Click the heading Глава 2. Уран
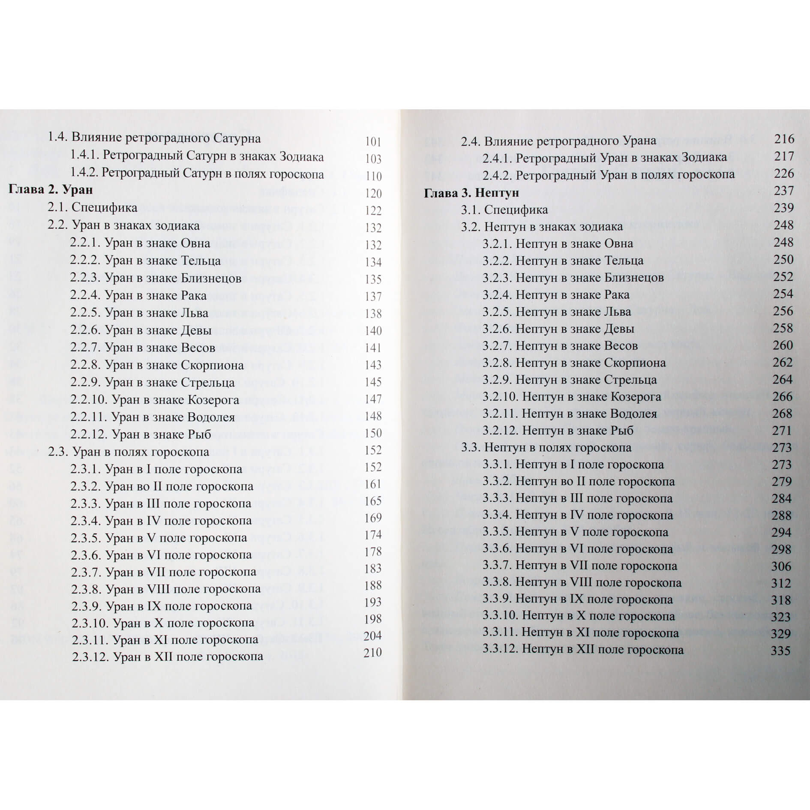(51, 190)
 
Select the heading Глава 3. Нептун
(471, 193)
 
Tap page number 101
(373, 142)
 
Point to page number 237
(784, 191)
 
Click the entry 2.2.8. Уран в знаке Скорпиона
(157, 365)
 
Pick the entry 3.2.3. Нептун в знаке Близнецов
(573, 278)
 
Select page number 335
(780, 651)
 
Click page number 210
(372, 652)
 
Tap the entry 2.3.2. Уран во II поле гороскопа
(162, 486)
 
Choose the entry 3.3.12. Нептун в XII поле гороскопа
(583, 650)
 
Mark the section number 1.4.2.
(85, 174)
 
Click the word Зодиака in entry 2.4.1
(705, 158)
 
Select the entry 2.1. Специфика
(93, 208)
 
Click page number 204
(372, 636)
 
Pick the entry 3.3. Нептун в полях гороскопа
(546, 448)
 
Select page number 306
(781, 566)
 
